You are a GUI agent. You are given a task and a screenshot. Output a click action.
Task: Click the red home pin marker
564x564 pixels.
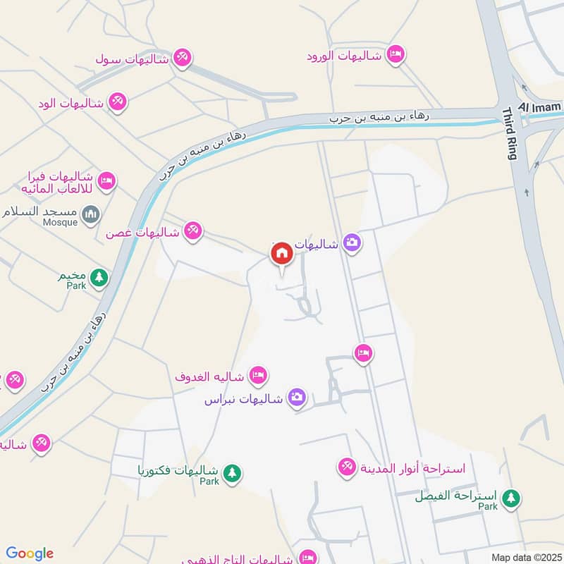[x=281, y=254]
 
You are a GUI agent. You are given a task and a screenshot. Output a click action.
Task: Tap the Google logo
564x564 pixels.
[x=30, y=553]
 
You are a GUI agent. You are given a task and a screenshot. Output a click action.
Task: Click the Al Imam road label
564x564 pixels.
[x=541, y=106]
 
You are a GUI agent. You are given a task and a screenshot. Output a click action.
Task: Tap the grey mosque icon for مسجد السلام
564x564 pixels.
[x=90, y=214]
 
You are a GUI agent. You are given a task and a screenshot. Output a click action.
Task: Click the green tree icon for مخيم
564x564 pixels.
[x=99, y=277]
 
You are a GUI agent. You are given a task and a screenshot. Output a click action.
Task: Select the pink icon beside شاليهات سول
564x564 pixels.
[x=183, y=58]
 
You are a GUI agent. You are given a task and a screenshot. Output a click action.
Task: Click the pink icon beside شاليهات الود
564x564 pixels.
[x=118, y=103]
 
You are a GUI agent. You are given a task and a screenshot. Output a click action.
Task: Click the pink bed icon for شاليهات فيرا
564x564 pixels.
[x=106, y=180]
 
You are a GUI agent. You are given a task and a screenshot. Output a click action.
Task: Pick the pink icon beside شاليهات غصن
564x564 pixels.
[x=192, y=230]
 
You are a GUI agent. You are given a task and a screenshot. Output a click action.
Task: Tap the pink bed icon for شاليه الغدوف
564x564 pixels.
[x=258, y=376]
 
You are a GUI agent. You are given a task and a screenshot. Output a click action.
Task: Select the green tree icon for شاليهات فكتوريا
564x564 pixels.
[x=231, y=472]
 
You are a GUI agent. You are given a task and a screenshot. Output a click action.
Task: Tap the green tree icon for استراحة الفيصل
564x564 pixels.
[x=511, y=498]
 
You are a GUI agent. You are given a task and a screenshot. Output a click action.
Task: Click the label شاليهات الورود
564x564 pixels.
[x=344, y=56]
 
